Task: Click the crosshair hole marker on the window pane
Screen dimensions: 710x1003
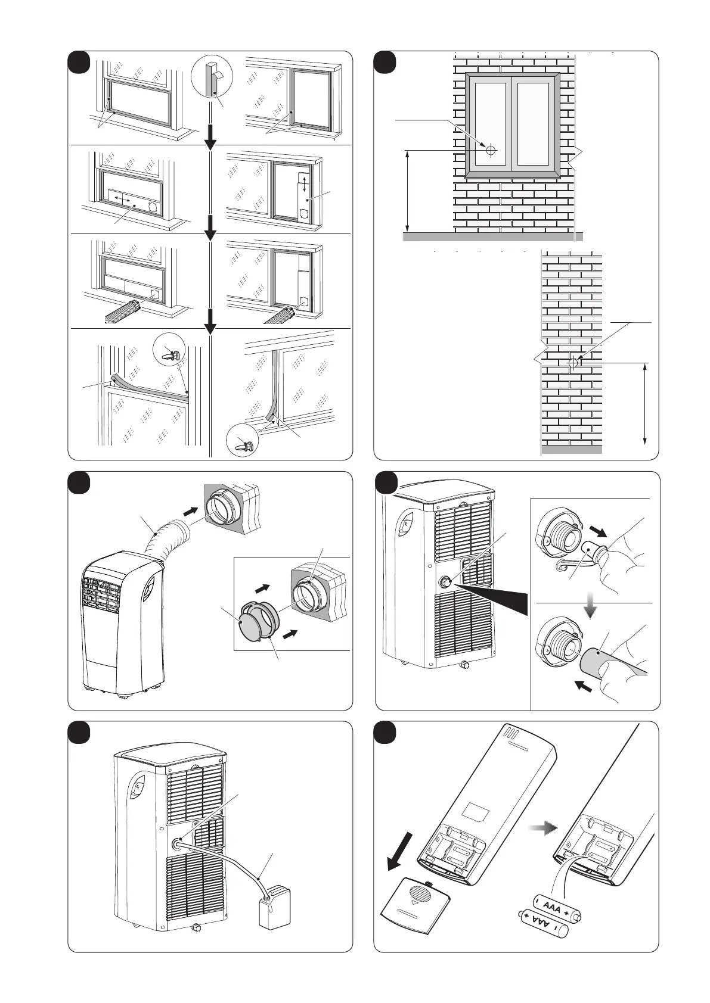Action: coord(490,150)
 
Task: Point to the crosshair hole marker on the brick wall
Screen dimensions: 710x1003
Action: coord(573,362)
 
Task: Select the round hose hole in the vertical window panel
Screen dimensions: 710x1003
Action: coord(305,213)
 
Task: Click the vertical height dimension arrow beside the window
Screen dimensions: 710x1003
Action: coord(408,191)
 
